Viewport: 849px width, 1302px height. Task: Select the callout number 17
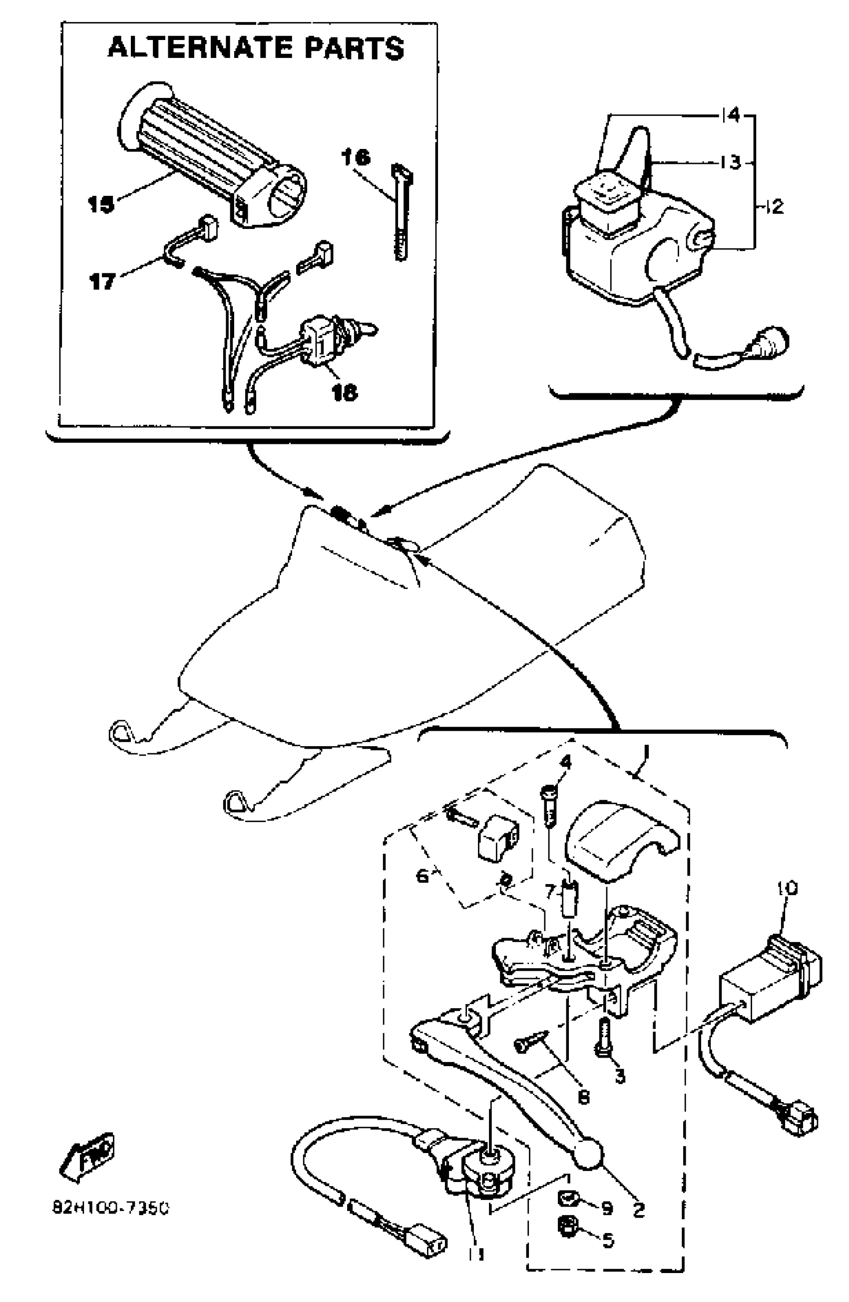coord(102,282)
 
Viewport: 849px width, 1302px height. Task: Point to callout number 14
coord(730,115)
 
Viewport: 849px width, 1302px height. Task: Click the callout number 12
coord(774,207)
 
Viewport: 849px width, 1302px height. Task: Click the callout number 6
coord(423,876)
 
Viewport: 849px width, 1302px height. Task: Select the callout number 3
coord(619,1076)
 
